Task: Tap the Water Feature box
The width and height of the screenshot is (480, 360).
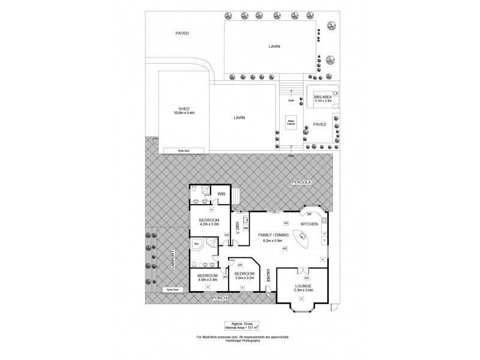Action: click(x=290, y=124)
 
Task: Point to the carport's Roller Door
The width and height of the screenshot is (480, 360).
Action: click(x=171, y=289)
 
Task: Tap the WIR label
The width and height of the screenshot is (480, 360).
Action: click(x=221, y=194)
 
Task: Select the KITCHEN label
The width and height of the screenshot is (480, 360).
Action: click(x=309, y=224)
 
